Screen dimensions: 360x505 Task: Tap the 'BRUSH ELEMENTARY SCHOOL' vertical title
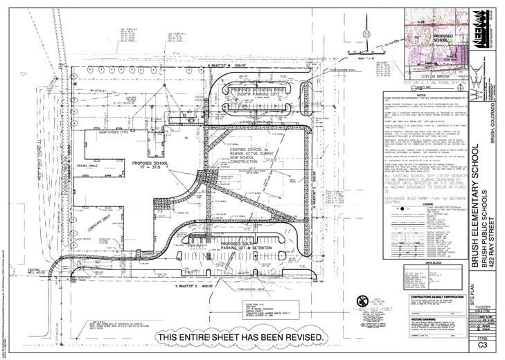point(455,200)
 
